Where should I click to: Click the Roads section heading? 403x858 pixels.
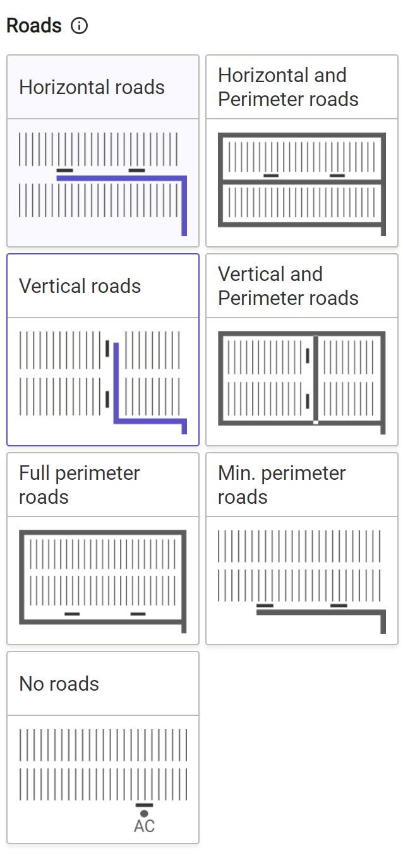coord(34,26)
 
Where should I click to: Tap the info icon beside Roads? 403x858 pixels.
coord(80,26)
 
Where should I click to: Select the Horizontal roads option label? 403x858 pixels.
coord(92,87)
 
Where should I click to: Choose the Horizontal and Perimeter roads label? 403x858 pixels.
coord(288,87)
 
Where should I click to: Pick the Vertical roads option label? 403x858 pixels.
coord(80,286)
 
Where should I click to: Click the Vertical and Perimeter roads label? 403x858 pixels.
coord(288,286)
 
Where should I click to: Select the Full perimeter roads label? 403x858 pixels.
coord(80,485)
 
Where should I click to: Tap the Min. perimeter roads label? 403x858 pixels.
coord(282,485)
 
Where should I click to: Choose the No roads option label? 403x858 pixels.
coord(59,684)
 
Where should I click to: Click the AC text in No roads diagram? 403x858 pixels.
coord(144,826)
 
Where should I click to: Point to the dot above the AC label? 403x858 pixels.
coord(144,814)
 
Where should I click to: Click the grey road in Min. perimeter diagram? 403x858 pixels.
coord(316,612)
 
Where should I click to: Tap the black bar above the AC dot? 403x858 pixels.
coord(144,805)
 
